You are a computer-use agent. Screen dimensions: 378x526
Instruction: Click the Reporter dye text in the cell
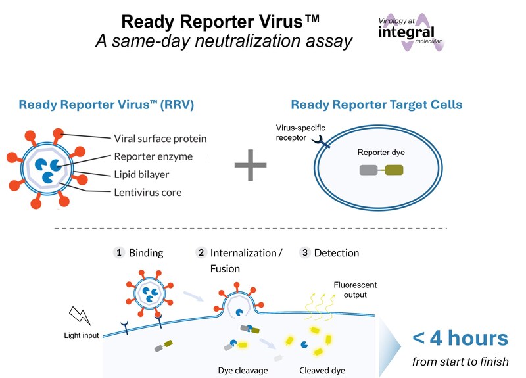coord(381,153)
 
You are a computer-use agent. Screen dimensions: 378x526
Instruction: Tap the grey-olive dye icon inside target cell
coord(381,171)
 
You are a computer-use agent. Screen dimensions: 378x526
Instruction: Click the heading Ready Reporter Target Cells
coord(377,105)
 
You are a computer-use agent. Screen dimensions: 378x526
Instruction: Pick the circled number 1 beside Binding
coord(119,252)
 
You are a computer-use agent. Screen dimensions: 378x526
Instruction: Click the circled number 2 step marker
coord(202,252)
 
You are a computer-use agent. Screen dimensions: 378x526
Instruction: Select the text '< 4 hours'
coord(460,339)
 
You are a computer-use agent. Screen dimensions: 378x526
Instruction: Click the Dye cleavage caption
coord(243,370)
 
